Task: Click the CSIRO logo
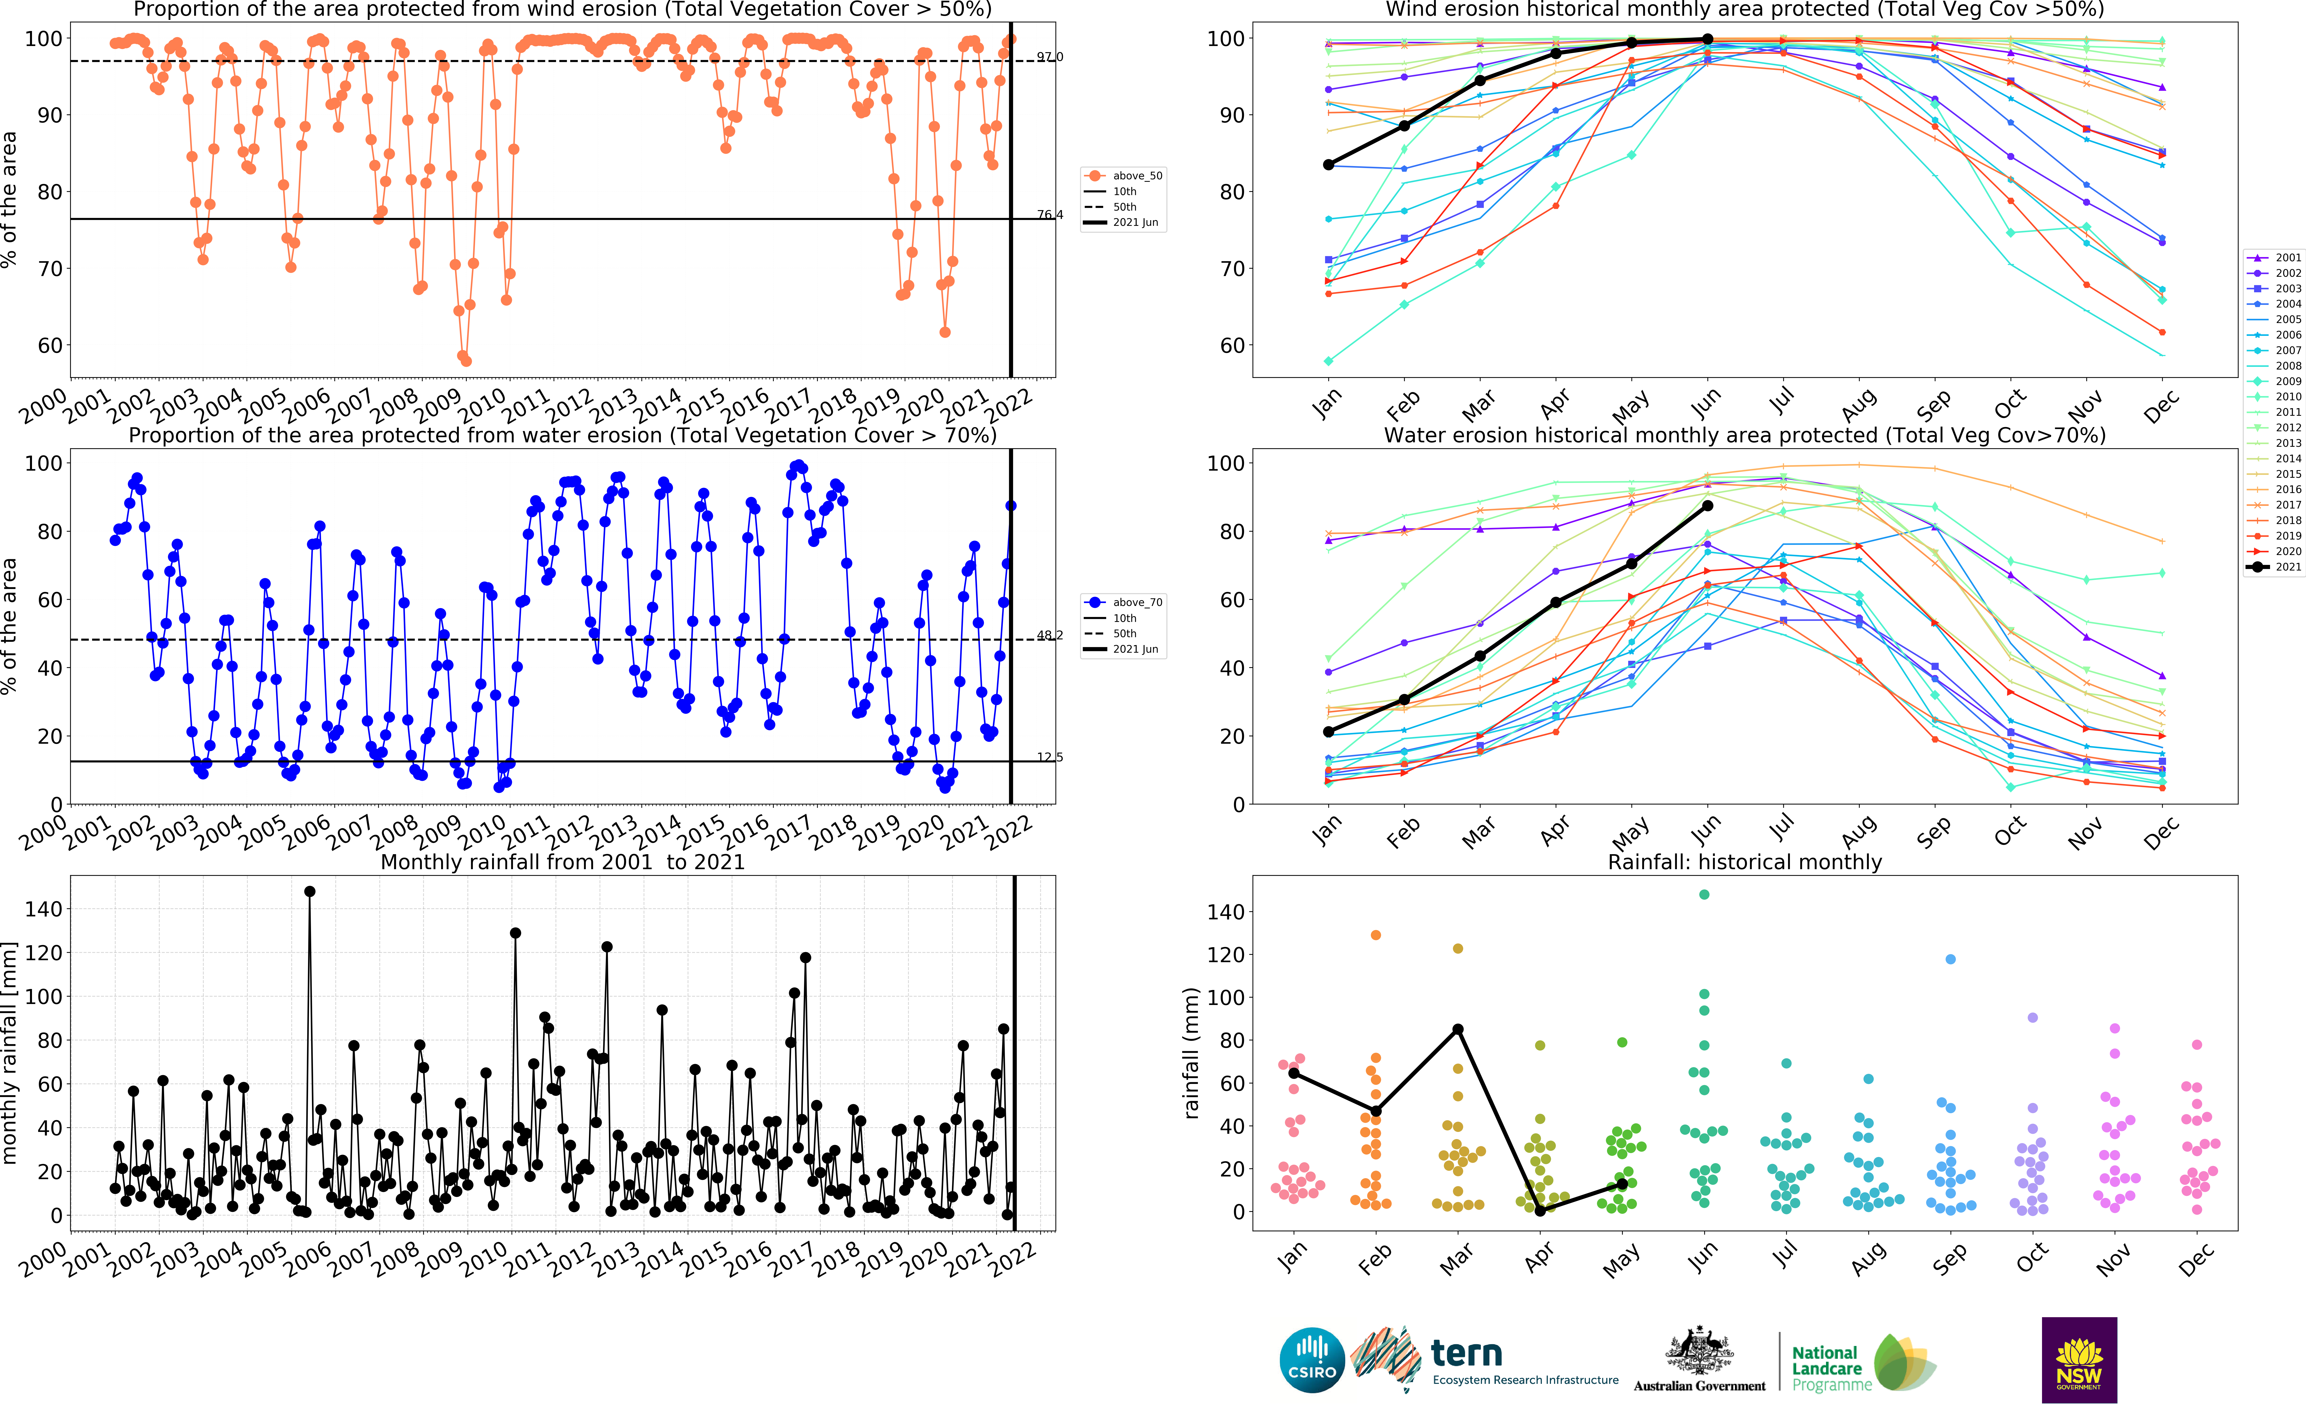(1312, 1360)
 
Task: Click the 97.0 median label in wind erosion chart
(1050, 57)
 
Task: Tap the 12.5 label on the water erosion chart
(1050, 757)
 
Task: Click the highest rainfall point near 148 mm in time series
(310, 891)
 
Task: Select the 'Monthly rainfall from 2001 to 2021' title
(562, 862)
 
